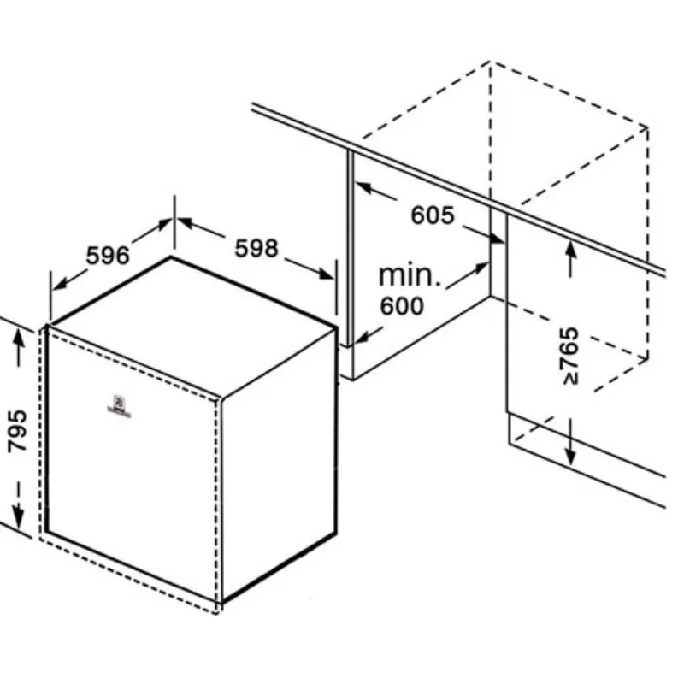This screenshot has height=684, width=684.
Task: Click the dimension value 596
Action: click(108, 255)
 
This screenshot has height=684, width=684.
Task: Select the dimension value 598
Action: click(256, 248)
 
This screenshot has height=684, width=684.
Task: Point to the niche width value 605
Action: click(433, 215)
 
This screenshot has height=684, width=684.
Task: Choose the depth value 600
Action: click(401, 305)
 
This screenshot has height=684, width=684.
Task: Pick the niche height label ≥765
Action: click(569, 356)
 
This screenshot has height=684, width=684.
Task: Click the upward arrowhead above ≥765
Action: click(570, 249)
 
